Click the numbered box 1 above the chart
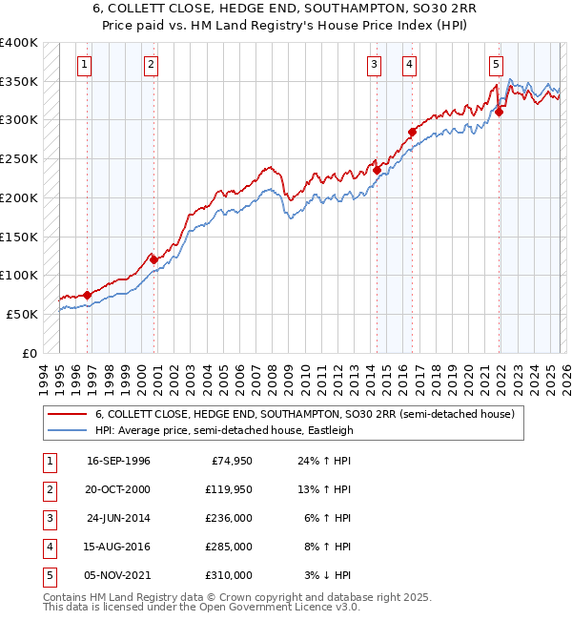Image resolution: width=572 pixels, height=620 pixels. (86, 65)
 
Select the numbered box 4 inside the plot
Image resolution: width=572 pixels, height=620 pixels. (409, 65)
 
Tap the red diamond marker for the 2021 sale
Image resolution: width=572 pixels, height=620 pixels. (500, 112)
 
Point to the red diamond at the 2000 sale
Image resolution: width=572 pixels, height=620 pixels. (153, 259)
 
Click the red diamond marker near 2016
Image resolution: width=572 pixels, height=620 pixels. (412, 132)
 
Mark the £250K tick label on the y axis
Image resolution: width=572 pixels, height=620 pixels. (19, 158)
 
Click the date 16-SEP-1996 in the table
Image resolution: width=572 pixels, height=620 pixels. (118, 461)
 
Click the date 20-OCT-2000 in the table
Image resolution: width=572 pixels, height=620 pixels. (118, 489)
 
